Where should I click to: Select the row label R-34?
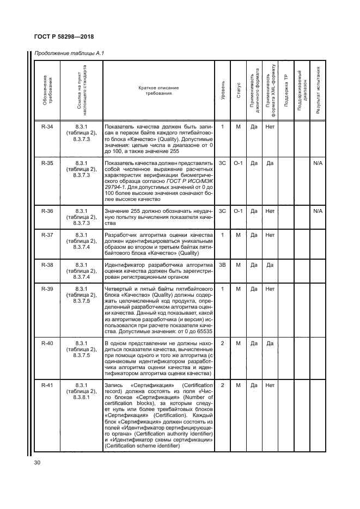click(x=47, y=127)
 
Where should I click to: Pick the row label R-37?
click(x=47, y=235)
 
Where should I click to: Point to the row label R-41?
click(x=47, y=385)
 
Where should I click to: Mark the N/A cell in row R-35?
click(x=318, y=163)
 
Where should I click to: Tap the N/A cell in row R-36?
click(x=318, y=211)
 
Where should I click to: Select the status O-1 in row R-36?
click(x=238, y=211)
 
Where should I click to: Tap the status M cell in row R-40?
click(x=238, y=343)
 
